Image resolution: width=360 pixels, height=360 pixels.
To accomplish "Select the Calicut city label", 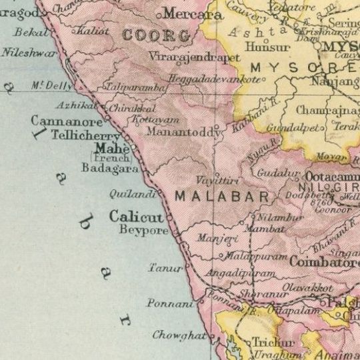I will point(136,217).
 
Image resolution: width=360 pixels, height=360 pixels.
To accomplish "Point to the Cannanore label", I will point(67,121).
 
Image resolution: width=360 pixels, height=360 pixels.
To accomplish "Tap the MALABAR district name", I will point(221,197).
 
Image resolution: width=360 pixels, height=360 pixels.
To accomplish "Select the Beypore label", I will point(143,230).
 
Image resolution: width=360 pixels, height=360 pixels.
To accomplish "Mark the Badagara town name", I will point(109,169).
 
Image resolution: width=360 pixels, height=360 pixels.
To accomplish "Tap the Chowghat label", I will point(178,335).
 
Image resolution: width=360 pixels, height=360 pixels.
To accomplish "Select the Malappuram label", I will point(256,257).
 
